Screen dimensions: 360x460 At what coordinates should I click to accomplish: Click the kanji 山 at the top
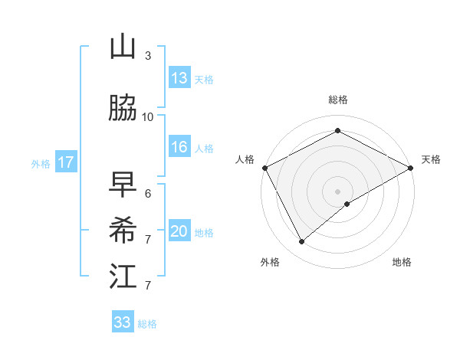coord(123,47)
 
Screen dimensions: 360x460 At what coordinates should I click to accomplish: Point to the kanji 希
coord(123,229)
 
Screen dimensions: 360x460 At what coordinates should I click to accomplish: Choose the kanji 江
coord(123,276)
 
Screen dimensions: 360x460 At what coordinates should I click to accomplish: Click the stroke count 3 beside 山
coord(147,56)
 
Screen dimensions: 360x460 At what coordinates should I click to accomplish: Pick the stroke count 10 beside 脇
coord(148,116)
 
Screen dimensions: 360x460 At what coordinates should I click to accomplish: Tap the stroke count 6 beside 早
coord(147,193)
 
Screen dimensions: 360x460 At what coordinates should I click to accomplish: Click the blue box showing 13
coord(179,78)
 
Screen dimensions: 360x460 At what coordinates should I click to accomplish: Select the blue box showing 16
coord(179,148)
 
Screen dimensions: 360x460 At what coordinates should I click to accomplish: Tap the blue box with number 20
coord(179,232)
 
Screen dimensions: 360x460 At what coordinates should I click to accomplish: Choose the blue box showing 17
coord(65,162)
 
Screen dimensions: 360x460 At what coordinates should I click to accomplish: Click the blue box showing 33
coord(122,322)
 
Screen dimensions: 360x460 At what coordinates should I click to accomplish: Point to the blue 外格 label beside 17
coord(41,163)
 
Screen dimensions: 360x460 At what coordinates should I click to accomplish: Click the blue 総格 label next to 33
coord(147,324)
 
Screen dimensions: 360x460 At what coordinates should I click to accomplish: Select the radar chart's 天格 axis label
coord(431,159)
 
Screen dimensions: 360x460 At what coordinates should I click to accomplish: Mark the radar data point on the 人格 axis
coord(264,167)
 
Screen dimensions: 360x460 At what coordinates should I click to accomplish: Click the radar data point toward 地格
coord(347,204)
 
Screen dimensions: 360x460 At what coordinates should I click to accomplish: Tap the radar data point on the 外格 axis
coord(301,241)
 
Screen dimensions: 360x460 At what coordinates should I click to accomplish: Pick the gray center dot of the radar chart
coord(337,191)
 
